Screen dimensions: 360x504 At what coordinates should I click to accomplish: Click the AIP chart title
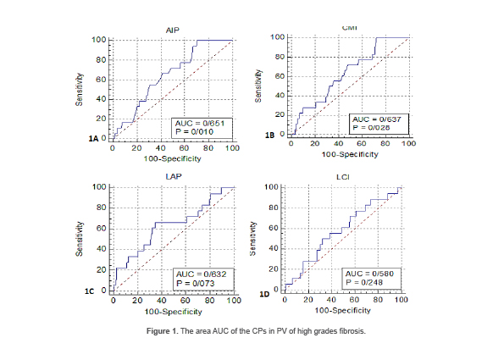pyautogui.click(x=173, y=30)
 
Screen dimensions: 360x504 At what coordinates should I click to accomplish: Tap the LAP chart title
pyautogui.click(x=173, y=177)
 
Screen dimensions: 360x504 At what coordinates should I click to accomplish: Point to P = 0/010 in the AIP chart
pyautogui.click(x=192, y=133)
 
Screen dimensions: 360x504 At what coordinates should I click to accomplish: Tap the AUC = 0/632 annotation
pyautogui.click(x=202, y=274)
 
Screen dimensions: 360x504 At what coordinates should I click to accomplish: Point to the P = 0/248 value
pyautogui.click(x=363, y=284)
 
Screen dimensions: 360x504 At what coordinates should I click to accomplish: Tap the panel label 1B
pyautogui.click(x=271, y=135)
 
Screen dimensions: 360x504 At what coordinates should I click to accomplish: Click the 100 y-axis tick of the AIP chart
pyautogui.click(x=100, y=40)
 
